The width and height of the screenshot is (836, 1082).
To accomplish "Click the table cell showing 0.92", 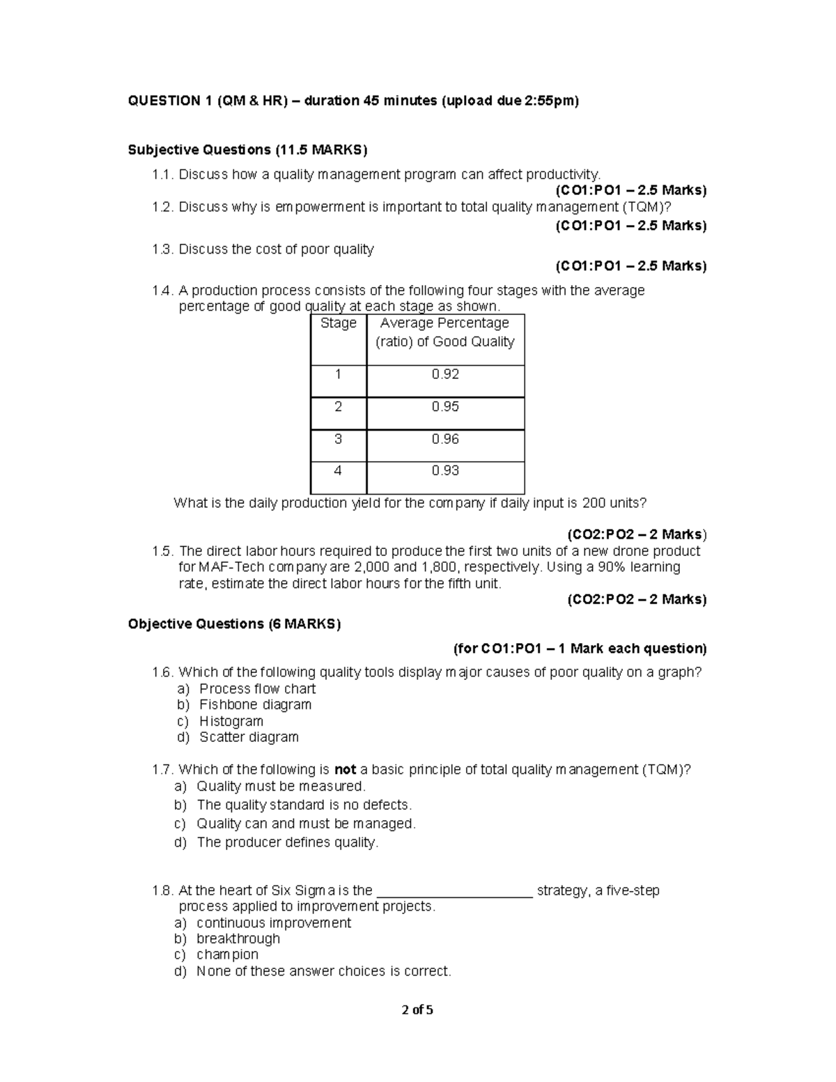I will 445,375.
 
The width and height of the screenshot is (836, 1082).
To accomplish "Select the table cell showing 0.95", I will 445,407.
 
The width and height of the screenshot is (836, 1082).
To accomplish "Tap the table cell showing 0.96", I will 445,439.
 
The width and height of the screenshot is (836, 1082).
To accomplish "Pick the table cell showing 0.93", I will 445,471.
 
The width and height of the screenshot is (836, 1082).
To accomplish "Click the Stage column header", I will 339,323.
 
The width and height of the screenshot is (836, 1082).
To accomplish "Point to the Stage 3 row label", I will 339,439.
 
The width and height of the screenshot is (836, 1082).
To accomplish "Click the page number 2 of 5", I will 417,1010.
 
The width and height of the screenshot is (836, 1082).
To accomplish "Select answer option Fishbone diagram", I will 255,704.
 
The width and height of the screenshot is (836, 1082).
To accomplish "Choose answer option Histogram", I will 231,721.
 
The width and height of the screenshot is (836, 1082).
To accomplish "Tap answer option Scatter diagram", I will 249,737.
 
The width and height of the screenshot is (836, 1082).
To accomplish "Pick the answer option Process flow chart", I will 257,688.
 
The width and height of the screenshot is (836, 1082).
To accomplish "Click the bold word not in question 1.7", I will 346,770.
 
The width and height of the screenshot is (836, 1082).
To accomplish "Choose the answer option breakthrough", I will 238,938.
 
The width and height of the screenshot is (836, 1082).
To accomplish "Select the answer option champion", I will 227,955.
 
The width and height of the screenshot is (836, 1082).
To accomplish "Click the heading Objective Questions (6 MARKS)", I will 234,624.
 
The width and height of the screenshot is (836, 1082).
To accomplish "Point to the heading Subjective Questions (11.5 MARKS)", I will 247,150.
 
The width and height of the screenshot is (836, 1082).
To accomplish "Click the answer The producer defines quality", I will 288,842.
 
